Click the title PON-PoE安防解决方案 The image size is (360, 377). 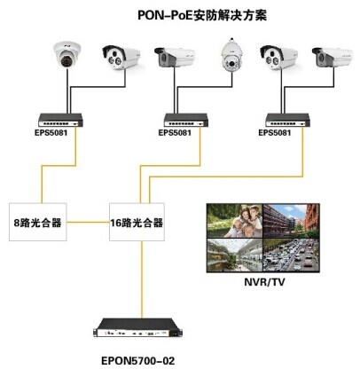pos(202,15)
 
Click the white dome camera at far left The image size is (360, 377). pos(67,55)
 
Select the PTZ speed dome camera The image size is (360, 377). pos(232,55)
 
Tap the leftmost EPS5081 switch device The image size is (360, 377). pos(60,121)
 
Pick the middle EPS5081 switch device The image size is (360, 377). pos(186,121)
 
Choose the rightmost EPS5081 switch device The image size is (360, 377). pos(287,121)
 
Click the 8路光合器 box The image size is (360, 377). pos(38,222)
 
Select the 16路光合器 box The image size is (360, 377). pos(137,222)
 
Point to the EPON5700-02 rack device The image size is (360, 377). pos(137,328)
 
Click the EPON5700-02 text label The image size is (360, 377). pos(138,361)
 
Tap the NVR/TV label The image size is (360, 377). pos(264,282)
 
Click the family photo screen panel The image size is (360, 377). pos(235,221)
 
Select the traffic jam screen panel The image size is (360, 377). pos(291,255)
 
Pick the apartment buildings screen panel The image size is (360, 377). pos(291,221)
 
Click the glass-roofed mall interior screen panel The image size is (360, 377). pos(235,255)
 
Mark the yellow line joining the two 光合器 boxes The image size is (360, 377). pos(88,222)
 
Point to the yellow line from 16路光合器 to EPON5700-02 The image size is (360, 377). pos(142,279)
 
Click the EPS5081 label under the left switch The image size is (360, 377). pos(51,132)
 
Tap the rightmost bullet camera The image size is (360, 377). pos(333,57)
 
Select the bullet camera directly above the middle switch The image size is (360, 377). pos(175,57)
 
